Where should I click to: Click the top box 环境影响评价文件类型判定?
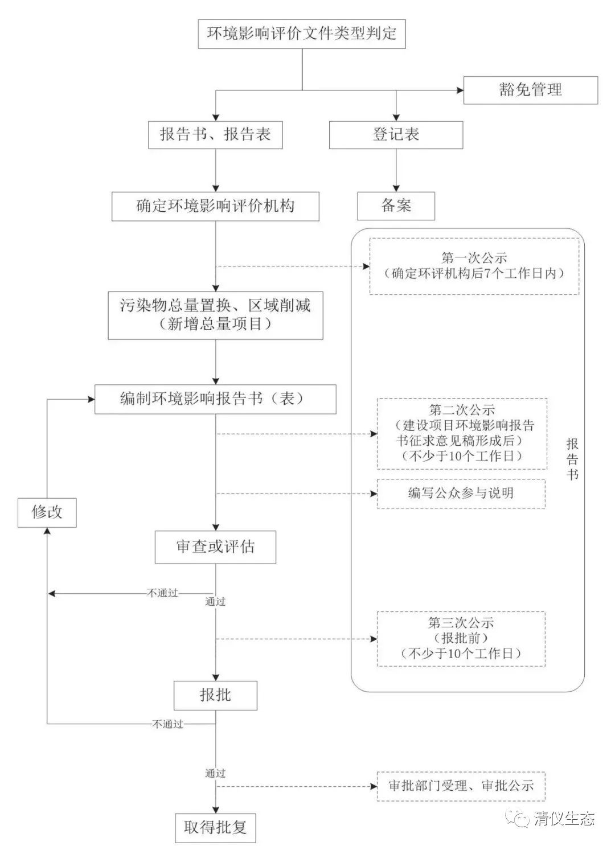click(301, 34)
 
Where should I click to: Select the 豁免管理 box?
click(530, 90)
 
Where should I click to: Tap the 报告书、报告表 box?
click(215, 134)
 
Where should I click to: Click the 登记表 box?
click(396, 134)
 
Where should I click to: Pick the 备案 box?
click(396, 206)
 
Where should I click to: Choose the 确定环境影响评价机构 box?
click(215, 206)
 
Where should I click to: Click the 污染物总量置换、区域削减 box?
click(215, 315)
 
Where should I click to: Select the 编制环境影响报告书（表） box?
click(215, 399)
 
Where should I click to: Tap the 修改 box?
click(47, 512)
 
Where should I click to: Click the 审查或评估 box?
click(215, 547)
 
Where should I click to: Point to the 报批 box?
click(215, 695)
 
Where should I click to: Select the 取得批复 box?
click(215, 827)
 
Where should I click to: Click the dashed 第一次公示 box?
click(474, 266)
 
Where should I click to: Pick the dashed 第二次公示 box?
click(461, 433)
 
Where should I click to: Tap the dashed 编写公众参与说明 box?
click(461, 493)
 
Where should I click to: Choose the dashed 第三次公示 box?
click(461, 638)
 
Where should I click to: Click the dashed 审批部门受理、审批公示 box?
click(461, 786)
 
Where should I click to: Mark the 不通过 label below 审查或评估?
click(163, 593)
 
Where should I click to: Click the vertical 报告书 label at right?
click(572, 459)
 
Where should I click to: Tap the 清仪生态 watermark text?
click(564, 819)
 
